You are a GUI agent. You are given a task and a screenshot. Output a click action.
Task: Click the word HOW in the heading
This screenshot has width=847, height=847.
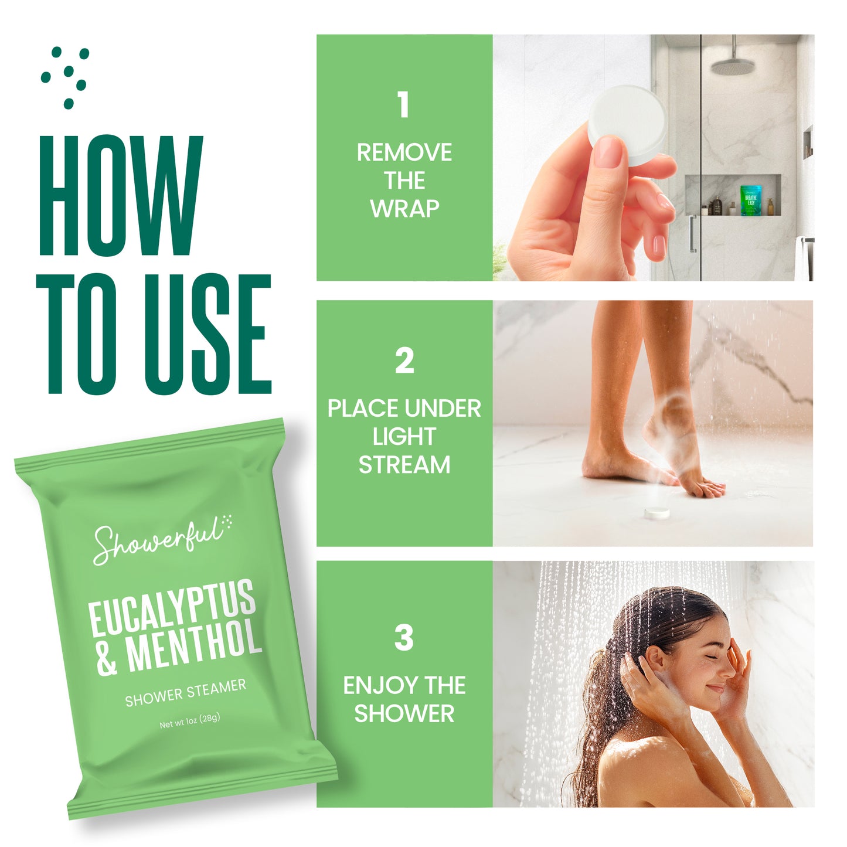121,196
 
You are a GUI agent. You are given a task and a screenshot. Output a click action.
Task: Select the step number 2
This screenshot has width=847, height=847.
404,361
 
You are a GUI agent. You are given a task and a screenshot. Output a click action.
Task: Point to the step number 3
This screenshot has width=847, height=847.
404,638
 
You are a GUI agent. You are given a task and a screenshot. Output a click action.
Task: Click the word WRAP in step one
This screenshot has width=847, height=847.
404,208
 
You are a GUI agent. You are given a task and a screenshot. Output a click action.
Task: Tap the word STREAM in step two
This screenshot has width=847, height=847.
404,465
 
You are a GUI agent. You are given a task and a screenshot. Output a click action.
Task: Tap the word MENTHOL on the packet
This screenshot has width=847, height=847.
193,645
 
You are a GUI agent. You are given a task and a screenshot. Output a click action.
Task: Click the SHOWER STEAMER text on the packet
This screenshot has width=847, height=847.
185,693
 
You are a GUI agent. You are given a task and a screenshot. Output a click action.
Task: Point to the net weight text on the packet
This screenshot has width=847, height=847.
189,721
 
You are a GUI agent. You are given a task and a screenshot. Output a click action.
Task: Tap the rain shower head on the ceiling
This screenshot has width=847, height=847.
733,66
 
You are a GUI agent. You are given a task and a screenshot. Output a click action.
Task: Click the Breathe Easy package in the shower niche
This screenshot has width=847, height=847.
751,200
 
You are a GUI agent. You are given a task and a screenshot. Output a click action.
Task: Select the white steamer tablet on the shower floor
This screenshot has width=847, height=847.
657,512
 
